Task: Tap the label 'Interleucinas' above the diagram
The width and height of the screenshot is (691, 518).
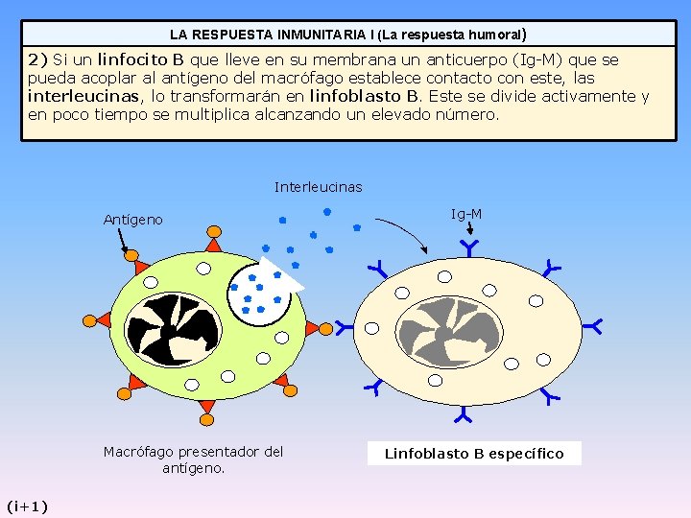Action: (318, 187)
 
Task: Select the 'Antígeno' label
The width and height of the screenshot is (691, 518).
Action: (132, 220)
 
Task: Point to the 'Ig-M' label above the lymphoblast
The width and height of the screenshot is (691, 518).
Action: (466, 214)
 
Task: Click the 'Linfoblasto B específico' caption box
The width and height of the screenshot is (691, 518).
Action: (474, 453)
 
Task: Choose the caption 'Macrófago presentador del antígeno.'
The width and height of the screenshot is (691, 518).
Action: (193, 459)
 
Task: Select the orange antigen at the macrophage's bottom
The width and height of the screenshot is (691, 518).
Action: (206, 407)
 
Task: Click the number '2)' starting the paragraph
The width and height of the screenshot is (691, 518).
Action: (37, 59)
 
